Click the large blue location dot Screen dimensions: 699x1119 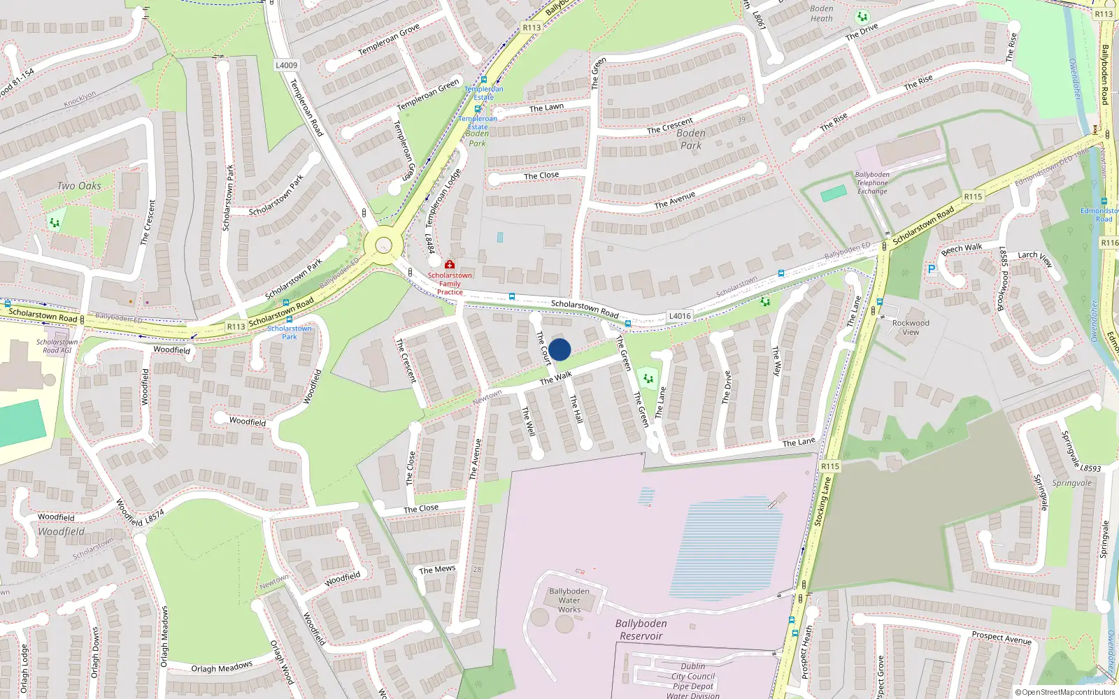559,349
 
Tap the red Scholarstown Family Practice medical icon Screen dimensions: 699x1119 450,265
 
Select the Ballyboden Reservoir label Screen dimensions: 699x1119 641,630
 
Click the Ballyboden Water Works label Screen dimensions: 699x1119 569,600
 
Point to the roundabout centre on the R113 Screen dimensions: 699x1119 383,245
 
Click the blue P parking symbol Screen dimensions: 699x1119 931,269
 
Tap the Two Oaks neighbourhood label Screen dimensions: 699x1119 79,186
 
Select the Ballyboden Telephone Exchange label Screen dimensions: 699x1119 872,183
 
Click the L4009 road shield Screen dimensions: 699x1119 286,65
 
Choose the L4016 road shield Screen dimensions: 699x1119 679,316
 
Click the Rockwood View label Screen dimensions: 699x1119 911,327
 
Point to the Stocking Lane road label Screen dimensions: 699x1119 823,501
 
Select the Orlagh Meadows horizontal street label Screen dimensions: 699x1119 222,668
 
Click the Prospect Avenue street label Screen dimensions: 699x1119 1002,637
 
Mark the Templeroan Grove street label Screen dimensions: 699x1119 389,40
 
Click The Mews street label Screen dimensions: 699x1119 437,570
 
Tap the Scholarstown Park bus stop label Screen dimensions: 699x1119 289,332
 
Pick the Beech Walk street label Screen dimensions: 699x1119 962,249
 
